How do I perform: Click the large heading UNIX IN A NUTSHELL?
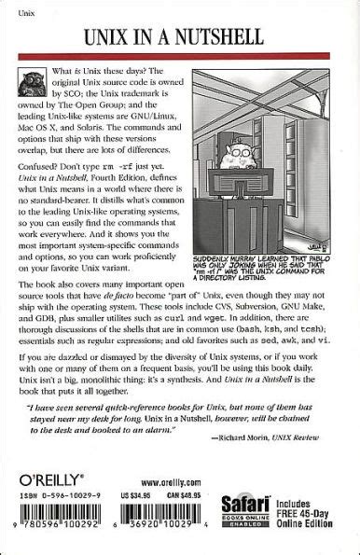click(x=180, y=37)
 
